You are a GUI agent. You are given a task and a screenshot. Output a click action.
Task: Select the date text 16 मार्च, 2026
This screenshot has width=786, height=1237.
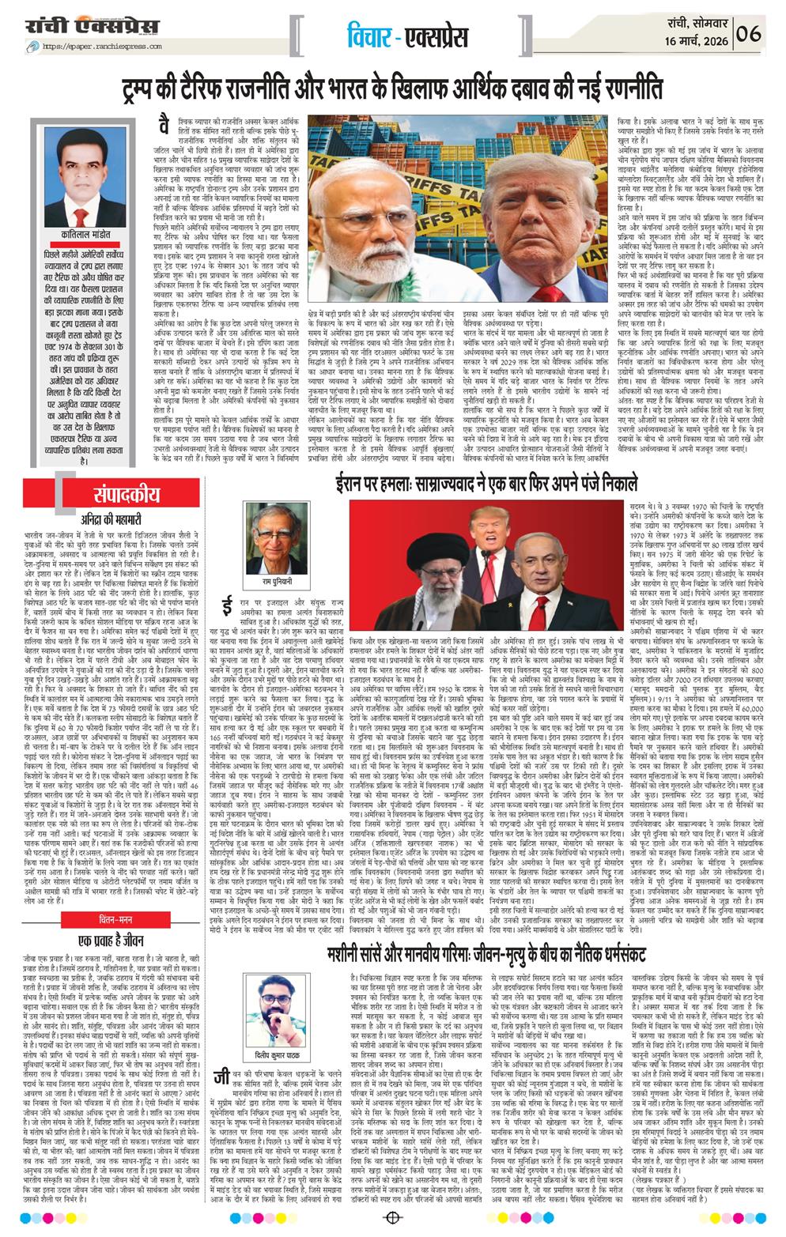(696, 40)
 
